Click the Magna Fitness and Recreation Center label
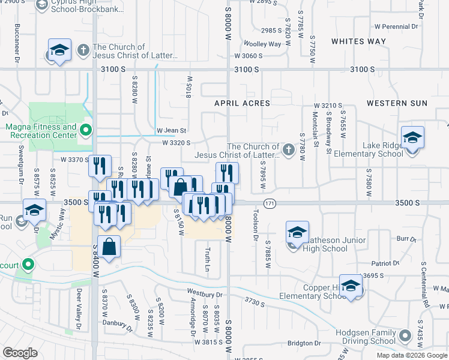[x=40, y=131]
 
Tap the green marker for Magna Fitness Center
[x=86, y=128]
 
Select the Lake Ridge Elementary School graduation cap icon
[x=412, y=139]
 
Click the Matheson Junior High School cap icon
[x=297, y=233]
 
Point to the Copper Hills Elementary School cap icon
[x=351, y=287]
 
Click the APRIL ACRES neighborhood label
[x=243, y=103]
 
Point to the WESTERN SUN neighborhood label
[x=397, y=103]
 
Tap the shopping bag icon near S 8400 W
[x=109, y=247]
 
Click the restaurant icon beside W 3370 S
[x=100, y=166]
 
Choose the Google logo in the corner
[x=20, y=353]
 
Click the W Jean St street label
[x=172, y=130]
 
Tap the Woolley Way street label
[x=262, y=44]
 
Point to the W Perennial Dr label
[x=396, y=26]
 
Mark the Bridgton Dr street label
[x=304, y=343]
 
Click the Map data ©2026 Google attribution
[x=412, y=355]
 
